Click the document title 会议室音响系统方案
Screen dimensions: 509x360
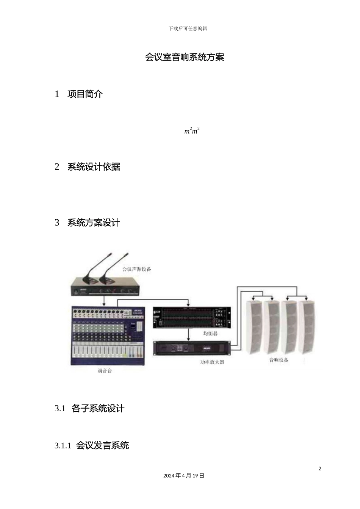coord(185,57)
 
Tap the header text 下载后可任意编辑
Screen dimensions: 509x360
coord(188,28)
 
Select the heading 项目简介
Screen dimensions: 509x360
coord(85,94)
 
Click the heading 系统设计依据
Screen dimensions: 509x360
coord(94,167)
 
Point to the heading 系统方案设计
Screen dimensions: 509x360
coord(94,223)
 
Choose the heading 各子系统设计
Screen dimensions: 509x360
coord(98,409)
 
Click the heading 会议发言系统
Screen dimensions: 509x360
coord(102,445)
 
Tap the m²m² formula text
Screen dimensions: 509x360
coord(192,131)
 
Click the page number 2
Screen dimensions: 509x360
coord(319,468)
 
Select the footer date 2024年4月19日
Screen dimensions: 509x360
coord(184,476)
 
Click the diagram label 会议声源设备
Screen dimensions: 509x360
coord(136,269)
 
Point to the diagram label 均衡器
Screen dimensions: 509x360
coord(210,334)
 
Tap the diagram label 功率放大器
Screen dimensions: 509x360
coord(212,362)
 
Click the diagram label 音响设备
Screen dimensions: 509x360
coord(279,360)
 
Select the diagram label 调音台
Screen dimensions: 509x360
coord(105,371)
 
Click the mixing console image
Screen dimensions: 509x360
coord(108,335)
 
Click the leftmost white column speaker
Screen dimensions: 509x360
coord(254,327)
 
